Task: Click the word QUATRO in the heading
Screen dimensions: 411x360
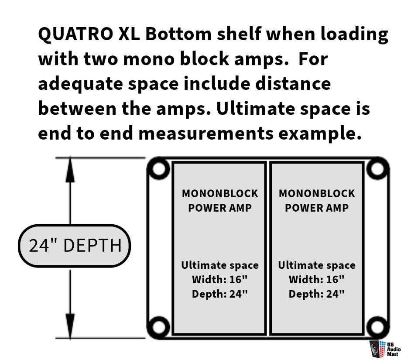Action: (76, 34)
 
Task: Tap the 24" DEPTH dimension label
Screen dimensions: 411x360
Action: (75, 246)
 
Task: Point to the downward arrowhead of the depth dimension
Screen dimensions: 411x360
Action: (70, 326)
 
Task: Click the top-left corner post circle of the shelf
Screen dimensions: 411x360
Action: (158, 168)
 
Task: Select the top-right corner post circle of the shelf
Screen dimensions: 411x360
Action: (377, 168)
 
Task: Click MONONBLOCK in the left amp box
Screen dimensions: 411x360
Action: (220, 194)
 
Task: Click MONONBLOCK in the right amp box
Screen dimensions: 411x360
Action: (317, 194)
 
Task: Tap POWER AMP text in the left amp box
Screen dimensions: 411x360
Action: (220, 208)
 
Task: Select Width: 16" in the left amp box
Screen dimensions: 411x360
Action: (219, 280)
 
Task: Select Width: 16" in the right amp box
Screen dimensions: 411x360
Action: (316, 280)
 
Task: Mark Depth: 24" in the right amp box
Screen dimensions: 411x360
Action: (316, 294)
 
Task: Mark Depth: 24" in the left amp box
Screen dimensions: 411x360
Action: (219, 294)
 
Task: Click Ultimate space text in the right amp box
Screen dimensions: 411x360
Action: (317, 265)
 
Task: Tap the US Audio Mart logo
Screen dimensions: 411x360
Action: (385, 349)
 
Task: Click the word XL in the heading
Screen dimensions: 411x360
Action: (129, 34)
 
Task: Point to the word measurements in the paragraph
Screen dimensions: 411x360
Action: (206, 134)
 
